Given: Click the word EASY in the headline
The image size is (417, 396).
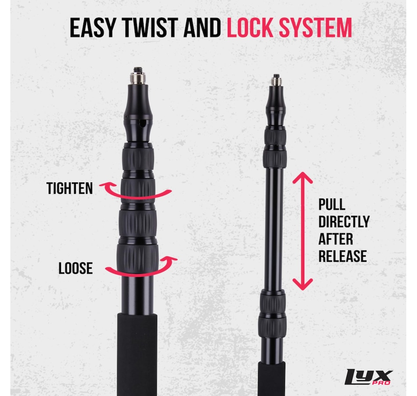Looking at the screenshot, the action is [x=93, y=28].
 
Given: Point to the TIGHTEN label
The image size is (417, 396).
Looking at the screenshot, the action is [x=70, y=188].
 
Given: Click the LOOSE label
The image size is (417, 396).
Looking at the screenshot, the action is [x=75, y=268].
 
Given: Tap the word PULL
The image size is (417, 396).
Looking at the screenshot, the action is [x=332, y=204].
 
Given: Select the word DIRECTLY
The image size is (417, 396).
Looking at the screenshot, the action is [x=344, y=221].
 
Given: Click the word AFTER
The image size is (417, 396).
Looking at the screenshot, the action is [x=336, y=239].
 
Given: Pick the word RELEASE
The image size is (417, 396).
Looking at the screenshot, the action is [x=342, y=256].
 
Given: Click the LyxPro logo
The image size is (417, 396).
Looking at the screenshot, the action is [x=368, y=377].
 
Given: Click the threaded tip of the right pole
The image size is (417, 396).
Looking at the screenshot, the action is [x=276, y=80].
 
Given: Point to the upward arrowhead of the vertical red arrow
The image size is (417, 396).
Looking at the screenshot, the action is [x=302, y=177].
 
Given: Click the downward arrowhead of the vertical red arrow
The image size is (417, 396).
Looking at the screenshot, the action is [x=302, y=285].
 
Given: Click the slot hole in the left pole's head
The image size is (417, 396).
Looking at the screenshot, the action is [x=143, y=123].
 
